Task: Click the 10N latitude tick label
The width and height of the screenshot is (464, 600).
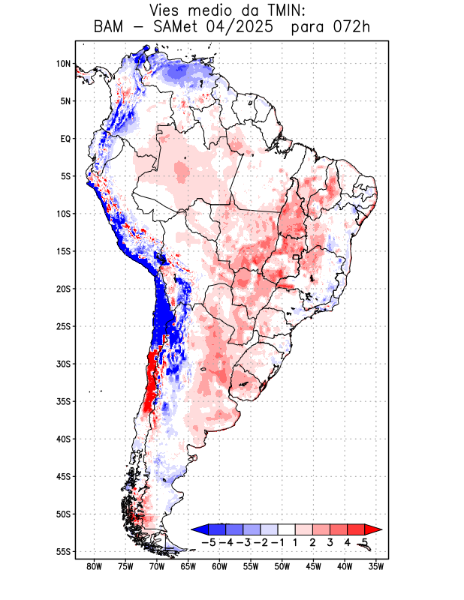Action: (63, 64)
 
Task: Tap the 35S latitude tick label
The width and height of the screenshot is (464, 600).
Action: (63, 401)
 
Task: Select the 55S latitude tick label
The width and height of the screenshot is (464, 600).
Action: (63, 551)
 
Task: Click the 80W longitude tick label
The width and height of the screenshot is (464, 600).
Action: (95, 566)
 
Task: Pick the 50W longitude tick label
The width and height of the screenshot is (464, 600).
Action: (282, 566)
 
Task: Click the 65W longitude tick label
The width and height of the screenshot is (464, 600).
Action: (188, 566)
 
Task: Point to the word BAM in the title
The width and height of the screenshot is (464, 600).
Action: (111, 28)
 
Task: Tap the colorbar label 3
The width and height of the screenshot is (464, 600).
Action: (330, 541)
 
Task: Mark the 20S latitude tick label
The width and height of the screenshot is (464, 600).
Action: (63, 289)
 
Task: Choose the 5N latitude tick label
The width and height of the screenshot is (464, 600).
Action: (65, 101)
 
